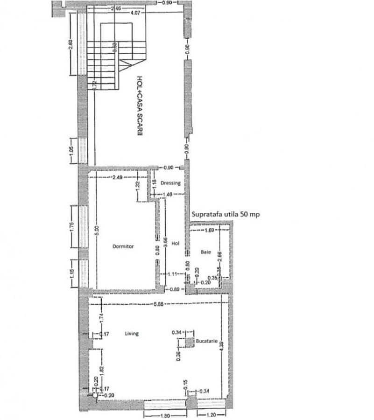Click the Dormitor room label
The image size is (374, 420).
(x=123, y=246)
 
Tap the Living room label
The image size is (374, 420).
(x=132, y=333)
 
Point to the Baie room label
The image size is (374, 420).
(x=206, y=252)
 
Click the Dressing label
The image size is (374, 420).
(x=170, y=183)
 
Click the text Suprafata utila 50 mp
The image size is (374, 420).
(x=226, y=214)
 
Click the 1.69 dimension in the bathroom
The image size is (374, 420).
(x=210, y=230)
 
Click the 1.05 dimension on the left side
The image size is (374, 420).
(x=71, y=151)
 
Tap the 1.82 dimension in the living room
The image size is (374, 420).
(x=102, y=367)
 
